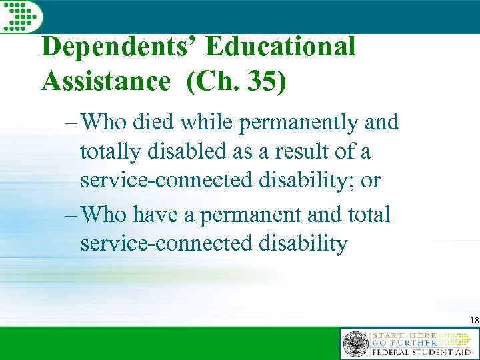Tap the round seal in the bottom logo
pyautogui.click(x=355, y=345)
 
